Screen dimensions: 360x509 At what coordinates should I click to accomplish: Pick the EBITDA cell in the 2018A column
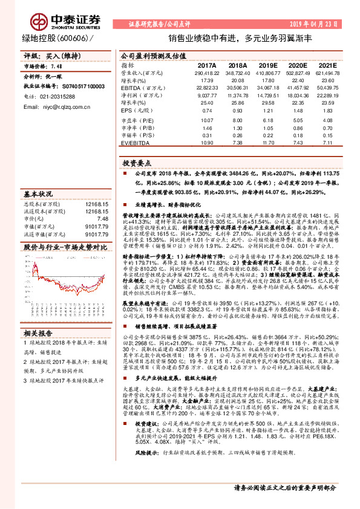pyautogui.click(x=238, y=87)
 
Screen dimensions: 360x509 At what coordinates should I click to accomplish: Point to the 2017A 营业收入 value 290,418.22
pyautogui.click(x=206, y=72)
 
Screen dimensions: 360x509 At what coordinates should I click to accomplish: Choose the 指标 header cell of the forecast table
pyautogui.click(x=128, y=64)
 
